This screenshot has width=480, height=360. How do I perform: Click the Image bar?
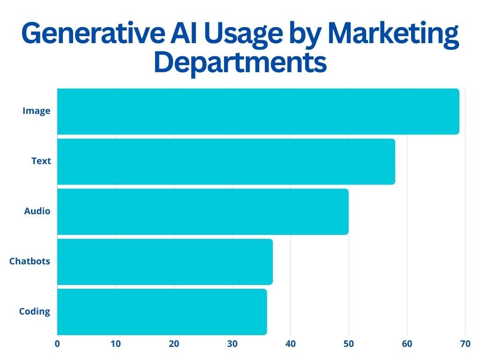pyautogui.click(x=258, y=112)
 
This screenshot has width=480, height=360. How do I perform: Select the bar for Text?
pyautogui.click(x=226, y=162)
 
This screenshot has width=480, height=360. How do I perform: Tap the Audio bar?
pyautogui.click(x=202, y=212)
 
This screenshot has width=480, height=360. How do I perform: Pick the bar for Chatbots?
pyautogui.click(x=165, y=262)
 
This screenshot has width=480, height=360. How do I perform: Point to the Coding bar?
pyautogui.click(x=162, y=312)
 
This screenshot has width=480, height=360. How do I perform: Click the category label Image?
pyautogui.click(x=37, y=111)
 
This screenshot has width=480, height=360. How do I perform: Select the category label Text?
pyautogui.click(x=41, y=161)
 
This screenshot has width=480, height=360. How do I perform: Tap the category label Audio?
pyautogui.click(x=37, y=211)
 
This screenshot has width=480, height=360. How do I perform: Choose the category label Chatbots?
pyautogui.click(x=30, y=261)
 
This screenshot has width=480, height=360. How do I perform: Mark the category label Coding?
pyautogui.click(x=35, y=311)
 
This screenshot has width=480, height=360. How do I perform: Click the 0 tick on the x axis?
pyautogui.click(x=57, y=344)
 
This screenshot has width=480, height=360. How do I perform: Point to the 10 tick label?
pyautogui.click(x=116, y=344)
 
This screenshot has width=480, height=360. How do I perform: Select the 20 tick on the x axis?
pyautogui.click(x=174, y=344)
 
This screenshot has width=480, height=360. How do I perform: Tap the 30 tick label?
pyautogui.click(x=232, y=344)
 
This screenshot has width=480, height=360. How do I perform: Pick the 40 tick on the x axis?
pyautogui.click(x=291, y=344)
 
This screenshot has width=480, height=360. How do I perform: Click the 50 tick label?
pyautogui.click(x=349, y=344)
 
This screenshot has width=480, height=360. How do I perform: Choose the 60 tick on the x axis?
pyautogui.click(x=407, y=344)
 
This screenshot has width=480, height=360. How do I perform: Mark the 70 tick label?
pyautogui.click(x=465, y=344)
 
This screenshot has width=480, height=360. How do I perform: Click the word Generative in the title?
pyautogui.click(x=93, y=33)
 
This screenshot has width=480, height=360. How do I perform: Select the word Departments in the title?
pyautogui.click(x=240, y=63)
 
